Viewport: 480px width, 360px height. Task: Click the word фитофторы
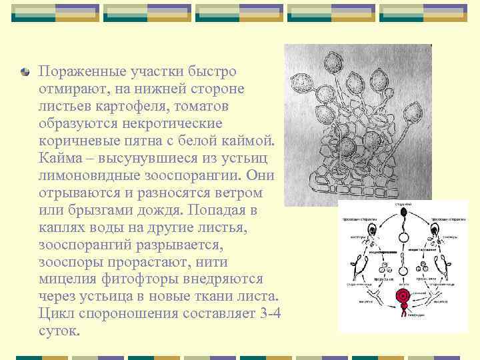(x=133, y=279)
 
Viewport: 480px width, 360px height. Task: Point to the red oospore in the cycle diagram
(x=402, y=295)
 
